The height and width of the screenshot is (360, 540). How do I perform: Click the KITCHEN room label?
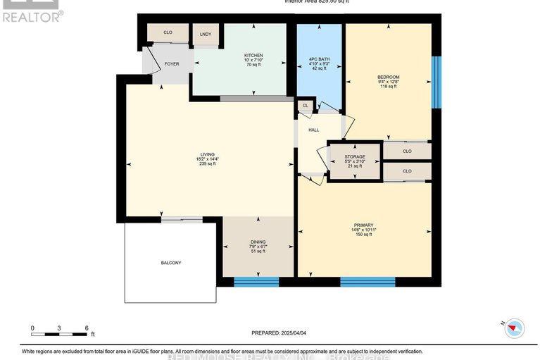pos(253,55)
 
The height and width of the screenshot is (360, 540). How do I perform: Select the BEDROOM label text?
pos(388,77)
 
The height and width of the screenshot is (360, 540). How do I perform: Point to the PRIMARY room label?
pos(363,225)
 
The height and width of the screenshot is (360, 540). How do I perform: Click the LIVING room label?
pos(207,154)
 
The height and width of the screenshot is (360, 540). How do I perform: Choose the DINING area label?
pos(258,242)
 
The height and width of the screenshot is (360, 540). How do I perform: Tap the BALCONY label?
pos(170,263)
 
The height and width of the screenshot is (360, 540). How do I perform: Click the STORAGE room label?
pos(355,156)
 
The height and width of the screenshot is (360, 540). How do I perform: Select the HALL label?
pos(313,130)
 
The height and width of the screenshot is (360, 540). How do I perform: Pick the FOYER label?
pos(172,64)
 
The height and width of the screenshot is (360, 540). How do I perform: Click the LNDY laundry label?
pos(206,34)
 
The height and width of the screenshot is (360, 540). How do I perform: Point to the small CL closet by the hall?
pos(305,106)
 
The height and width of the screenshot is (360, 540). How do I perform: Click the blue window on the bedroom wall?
pos(436,82)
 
